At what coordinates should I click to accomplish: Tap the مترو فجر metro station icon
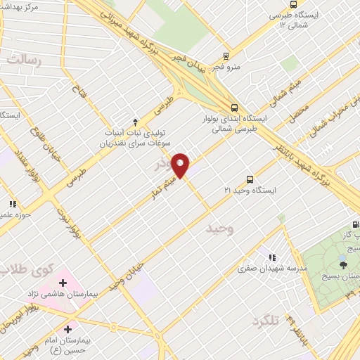click(x=226, y=56)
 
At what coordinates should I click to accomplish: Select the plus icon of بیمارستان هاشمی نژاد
click(x=63, y=283)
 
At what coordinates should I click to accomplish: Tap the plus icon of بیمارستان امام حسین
click(x=67, y=328)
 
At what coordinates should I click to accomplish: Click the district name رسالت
click(x=25, y=61)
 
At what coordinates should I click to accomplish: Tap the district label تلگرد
click(x=266, y=323)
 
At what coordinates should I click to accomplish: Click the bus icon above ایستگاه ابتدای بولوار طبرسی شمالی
click(x=234, y=108)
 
